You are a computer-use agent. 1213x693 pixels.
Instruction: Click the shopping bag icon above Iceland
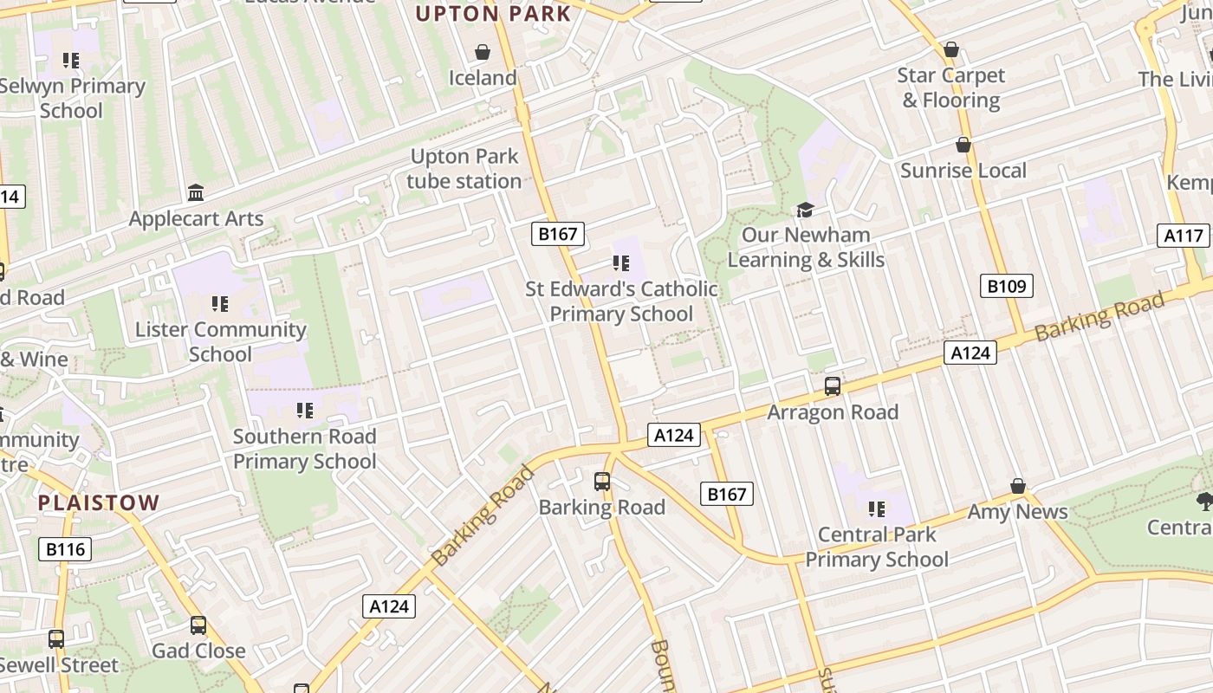[x=483, y=53]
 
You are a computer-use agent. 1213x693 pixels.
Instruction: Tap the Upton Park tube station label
[x=464, y=169]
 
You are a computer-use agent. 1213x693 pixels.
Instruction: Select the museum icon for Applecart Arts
[x=196, y=192]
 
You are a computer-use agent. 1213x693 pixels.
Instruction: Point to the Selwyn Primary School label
[x=71, y=99]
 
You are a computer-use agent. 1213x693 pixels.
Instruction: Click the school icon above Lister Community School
[x=220, y=304]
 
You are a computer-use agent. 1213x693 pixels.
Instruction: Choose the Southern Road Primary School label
[x=304, y=449]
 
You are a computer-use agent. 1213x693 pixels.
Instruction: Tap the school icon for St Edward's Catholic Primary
[x=621, y=262]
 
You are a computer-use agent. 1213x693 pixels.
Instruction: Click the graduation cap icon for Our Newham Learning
[x=806, y=210]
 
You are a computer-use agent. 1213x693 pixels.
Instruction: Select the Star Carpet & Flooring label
[x=951, y=88]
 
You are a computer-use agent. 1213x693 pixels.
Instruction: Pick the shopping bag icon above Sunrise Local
[x=963, y=145]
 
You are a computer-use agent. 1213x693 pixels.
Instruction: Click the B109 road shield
[x=1007, y=286]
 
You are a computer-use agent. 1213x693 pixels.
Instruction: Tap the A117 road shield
[x=1184, y=235]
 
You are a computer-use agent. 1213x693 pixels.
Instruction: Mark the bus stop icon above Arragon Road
[x=833, y=386]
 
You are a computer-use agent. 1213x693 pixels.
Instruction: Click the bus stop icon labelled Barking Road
[x=602, y=482]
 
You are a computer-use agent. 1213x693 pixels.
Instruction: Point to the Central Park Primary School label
[x=877, y=547]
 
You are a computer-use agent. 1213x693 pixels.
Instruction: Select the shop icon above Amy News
[x=1018, y=487]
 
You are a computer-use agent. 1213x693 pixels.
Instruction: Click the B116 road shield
[x=65, y=548]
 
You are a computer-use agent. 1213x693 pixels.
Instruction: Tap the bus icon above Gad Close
[x=198, y=625]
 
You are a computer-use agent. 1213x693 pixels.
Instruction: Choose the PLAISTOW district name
[x=99, y=502]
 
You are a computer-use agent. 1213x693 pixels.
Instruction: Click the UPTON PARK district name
[x=494, y=14]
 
